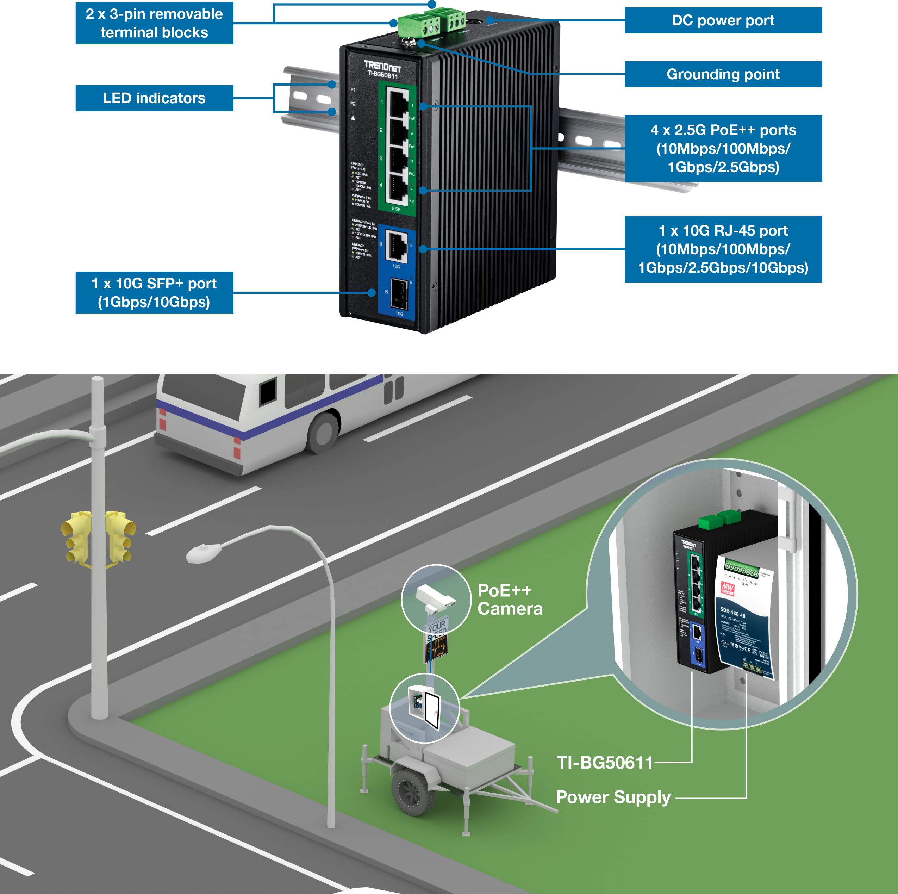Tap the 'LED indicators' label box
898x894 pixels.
click(x=154, y=98)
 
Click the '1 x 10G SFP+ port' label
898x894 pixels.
click(x=154, y=292)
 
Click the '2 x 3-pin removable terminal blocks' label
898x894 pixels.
click(x=154, y=23)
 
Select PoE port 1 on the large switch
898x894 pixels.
click(x=397, y=102)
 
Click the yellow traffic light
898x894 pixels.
click(x=99, y=537)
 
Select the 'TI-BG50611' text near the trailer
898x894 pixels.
click(x=605, y=762)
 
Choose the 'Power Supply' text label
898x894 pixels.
click(x=613, y=797)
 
